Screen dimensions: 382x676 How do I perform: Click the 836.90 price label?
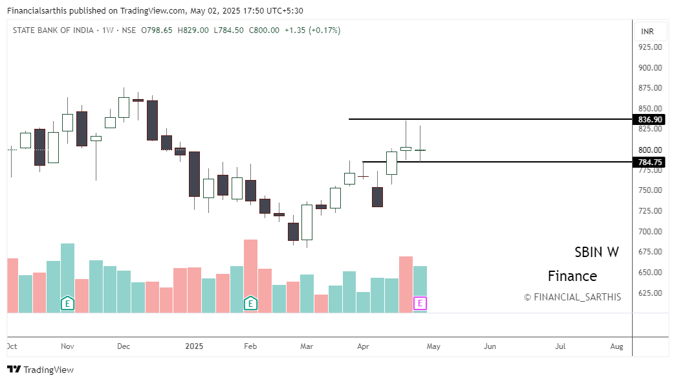pyautogui.click(x=650, y=120)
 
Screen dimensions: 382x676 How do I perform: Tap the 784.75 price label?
pyautogui.click(x=650, y=163)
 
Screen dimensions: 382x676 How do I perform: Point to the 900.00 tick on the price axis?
pyautogui.click(x=649, y=67)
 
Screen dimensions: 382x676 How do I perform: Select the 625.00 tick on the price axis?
pyautogui.click(x=649, y=293)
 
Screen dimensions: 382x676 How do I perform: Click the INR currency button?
pyautogui.click(x=647, y=31)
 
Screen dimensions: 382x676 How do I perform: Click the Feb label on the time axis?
pyautogui.click(x=250, y=346)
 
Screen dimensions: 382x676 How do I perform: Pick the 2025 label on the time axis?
pyautogui.click(x=194, y=346)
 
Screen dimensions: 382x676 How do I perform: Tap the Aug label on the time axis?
pyautogui.click(x=616, y=346)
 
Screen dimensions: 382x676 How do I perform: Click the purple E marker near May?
pyautogui.click(x=420, y=303)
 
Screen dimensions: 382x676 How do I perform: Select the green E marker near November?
pyautogui.click(x=67, y=303)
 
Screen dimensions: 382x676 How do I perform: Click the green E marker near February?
pyautogui.click(x=250, y=303)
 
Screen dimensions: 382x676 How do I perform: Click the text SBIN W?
pyautogui.click(x=596, y=253)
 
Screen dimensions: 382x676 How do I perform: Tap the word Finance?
pyautogui.click(x=572, y=276)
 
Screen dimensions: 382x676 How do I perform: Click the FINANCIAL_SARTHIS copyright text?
pyautogui.click(x=572, y=297)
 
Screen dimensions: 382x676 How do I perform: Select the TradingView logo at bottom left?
pyautogui.click(x=40, y=370)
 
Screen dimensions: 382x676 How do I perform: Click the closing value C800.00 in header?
pyautogui.click(x=264, y=30)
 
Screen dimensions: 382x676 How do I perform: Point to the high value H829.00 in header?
pyautogui.click(x=193, y=30)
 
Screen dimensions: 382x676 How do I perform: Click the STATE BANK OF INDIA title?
pyautogui.click(x=53, y=30)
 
